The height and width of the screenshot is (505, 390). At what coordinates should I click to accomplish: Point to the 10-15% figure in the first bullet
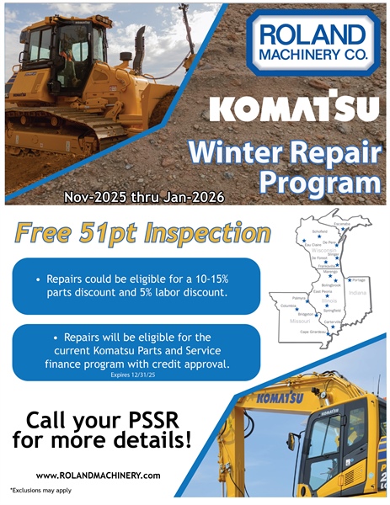202,278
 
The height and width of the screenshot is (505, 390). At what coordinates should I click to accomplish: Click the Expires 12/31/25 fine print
136,375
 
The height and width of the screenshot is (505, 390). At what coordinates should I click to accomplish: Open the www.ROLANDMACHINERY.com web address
98,475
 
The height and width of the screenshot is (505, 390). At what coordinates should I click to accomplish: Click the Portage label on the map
358,279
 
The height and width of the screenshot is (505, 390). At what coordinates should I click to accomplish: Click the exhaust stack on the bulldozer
137,46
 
